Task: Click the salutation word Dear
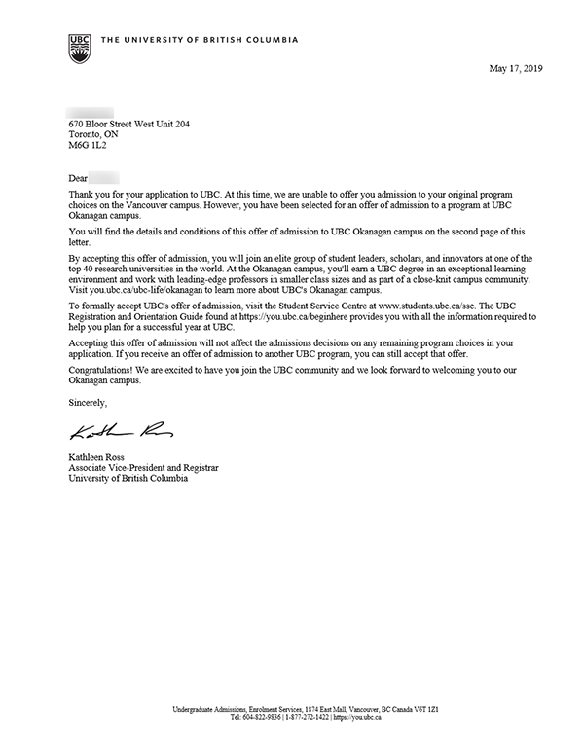(x=78, y=179)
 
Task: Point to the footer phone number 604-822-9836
(x=267, y=718)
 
